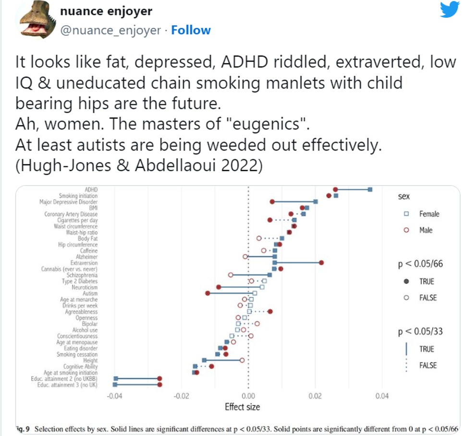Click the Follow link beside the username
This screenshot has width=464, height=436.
click(x=191, y=30)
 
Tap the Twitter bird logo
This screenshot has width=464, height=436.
click(x=450, y=10)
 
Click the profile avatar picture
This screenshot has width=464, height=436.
click(x=34, y=20)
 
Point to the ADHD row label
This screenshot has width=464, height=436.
click(x=91, y=189)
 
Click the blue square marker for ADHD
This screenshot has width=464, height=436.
click(x=370, y=189)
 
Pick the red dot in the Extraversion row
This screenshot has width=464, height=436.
click(x=321, y=262)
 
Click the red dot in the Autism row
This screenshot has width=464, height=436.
click(x=208, y=293)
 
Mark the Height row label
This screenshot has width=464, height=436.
click(x=90, y=360)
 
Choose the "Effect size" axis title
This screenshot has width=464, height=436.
click(x=243, y=407)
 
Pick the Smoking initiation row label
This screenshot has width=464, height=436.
click(x=78, y=196)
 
